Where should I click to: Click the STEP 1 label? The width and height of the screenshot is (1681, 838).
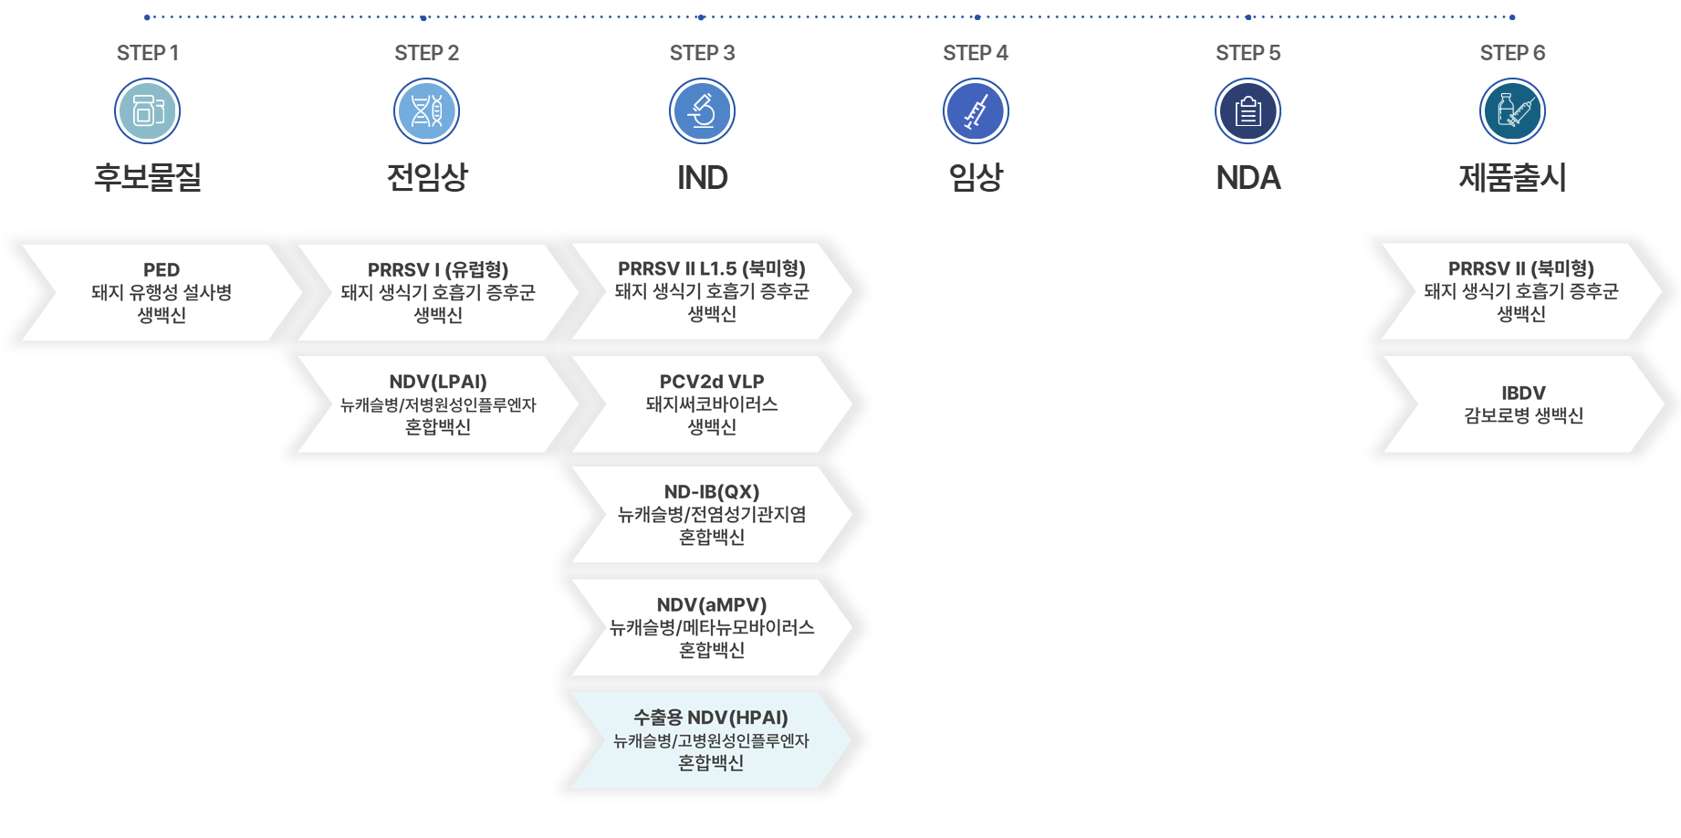tap(148, 53)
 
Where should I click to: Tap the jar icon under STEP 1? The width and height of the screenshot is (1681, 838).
tap(148, 111)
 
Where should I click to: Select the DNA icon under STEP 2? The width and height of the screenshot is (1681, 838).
tap(426, 111)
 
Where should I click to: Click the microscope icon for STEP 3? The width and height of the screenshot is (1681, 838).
tap(702, 111)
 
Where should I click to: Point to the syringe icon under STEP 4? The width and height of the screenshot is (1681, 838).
tap(976, 111)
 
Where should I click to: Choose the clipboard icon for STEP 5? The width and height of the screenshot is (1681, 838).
tap(1248, 111)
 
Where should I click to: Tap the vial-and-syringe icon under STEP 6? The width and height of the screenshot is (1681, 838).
tap(1512, 111)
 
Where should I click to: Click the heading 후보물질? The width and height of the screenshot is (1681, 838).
tap(148, 177)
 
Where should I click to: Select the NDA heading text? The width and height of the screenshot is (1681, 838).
tap(1248, 177)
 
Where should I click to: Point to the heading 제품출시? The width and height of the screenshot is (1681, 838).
tap(1512, 177)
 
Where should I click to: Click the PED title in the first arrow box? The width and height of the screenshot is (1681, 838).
tap(162, 270)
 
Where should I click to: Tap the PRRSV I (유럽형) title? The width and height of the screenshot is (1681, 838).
tap(438, 270)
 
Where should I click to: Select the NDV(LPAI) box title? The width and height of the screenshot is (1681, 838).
tap(438, 382)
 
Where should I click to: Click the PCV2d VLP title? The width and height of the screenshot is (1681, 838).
tap(712, 382)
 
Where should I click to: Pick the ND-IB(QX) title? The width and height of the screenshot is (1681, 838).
tap(712, 492)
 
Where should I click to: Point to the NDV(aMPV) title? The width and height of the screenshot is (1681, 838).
tap(712, 604)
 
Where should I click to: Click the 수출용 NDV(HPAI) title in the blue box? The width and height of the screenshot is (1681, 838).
tap(711, 718)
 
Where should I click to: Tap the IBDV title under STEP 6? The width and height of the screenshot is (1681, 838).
tap(1523, 393)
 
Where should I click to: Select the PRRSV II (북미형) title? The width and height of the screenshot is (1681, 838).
tap(1521, 269)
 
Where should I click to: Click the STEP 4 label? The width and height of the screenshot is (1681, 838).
tap(976, 53)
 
